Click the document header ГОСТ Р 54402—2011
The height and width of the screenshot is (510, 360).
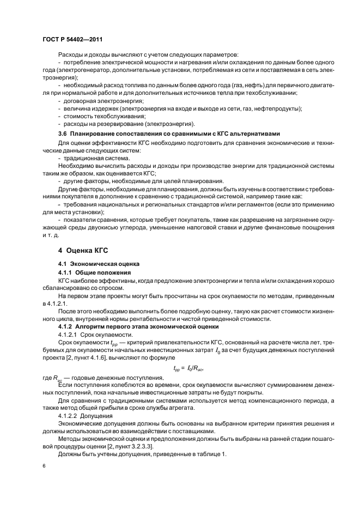[72, 40]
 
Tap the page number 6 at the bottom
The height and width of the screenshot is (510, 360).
[44, 466]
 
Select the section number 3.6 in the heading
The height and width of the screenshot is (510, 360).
[63, 134]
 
